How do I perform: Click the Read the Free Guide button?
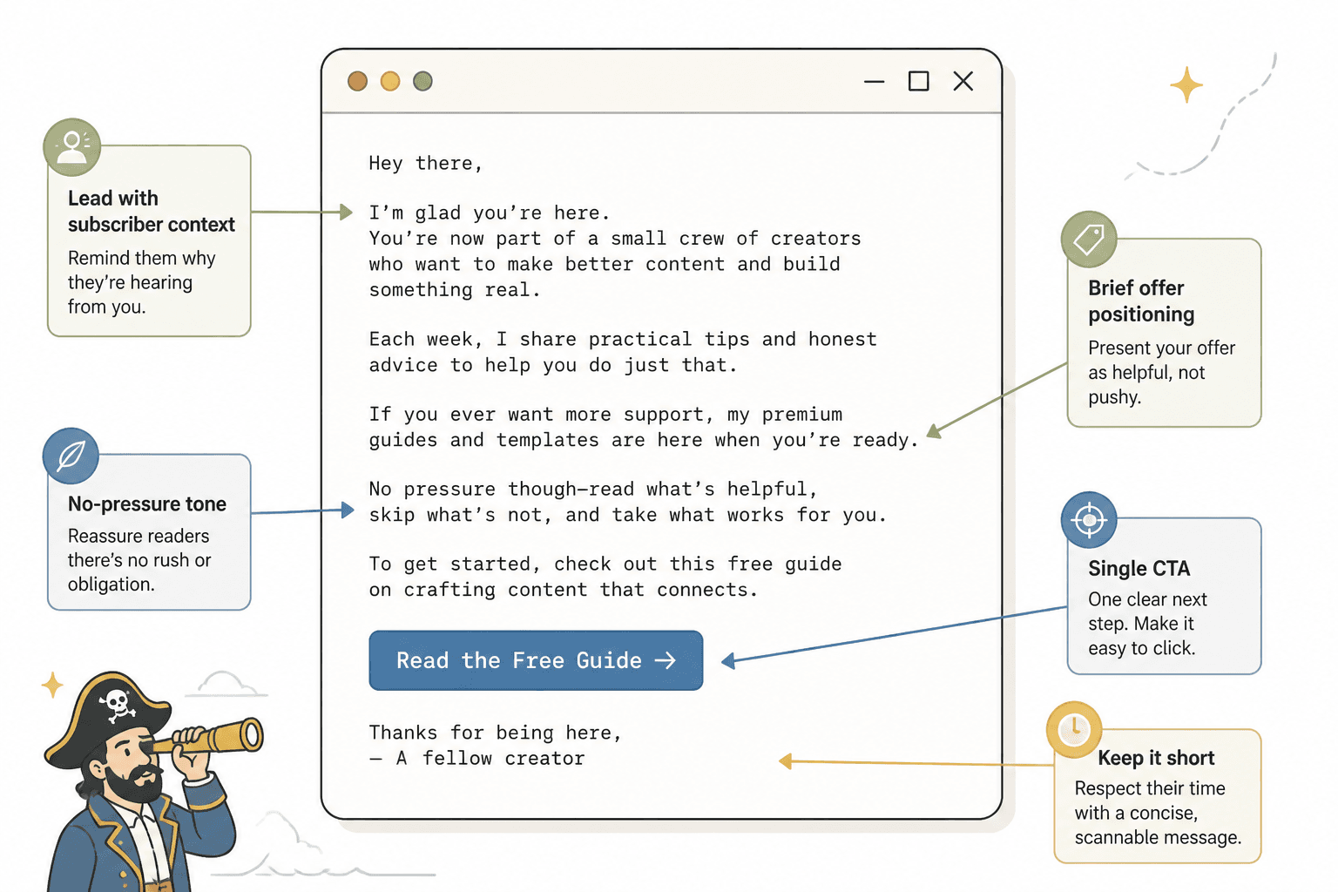(536, 660)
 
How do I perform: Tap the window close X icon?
(963, 81)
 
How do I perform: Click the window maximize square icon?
(919, 81)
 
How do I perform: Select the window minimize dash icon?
(874, 81)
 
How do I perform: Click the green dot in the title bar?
(422, 81)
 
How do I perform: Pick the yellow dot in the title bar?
(390, 81)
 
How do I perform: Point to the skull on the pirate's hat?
(117, 706)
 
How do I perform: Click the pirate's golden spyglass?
(209, 737)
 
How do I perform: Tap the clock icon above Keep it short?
(1074, 729)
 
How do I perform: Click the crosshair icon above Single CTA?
(1089, 520)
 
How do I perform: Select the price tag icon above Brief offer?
(1089, 239)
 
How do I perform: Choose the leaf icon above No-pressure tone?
(71, 456)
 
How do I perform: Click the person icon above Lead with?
(71, 146)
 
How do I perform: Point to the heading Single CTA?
(1139, 568)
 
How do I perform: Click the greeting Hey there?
(425, 163)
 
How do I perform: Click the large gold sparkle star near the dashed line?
(1186, 84)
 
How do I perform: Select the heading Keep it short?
(1156, 758)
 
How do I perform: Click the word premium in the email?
(802, 414)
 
